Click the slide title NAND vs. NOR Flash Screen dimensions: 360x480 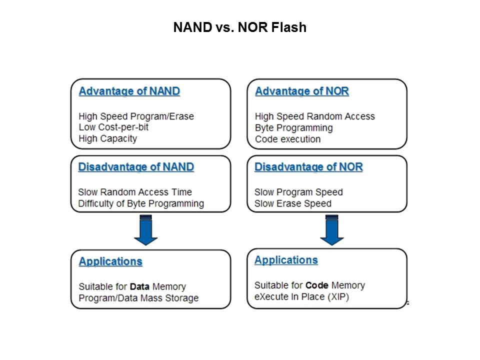pos(239,27)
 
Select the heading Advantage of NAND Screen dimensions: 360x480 pos(129,91)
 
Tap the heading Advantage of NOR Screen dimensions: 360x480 pos(301,91)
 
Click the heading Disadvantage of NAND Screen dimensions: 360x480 pos(136,167)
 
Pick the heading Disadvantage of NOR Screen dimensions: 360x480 pos(308,167)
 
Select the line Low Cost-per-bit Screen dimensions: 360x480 pos(113,127)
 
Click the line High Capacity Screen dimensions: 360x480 pos(107,139)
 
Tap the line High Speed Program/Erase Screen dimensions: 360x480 pos(136,116)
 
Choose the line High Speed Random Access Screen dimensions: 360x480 pos(314,116)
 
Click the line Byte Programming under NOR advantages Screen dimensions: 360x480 pos(293,127)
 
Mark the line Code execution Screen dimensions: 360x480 pos(287,139)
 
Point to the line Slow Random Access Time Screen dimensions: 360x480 pos(135,192)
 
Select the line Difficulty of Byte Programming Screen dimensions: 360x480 pos(141,203)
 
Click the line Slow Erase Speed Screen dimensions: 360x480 pos(292,203)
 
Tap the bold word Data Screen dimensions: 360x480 pos(139,286)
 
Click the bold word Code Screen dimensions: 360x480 pos(316,285)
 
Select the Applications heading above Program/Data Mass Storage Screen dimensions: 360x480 pos(110,261)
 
